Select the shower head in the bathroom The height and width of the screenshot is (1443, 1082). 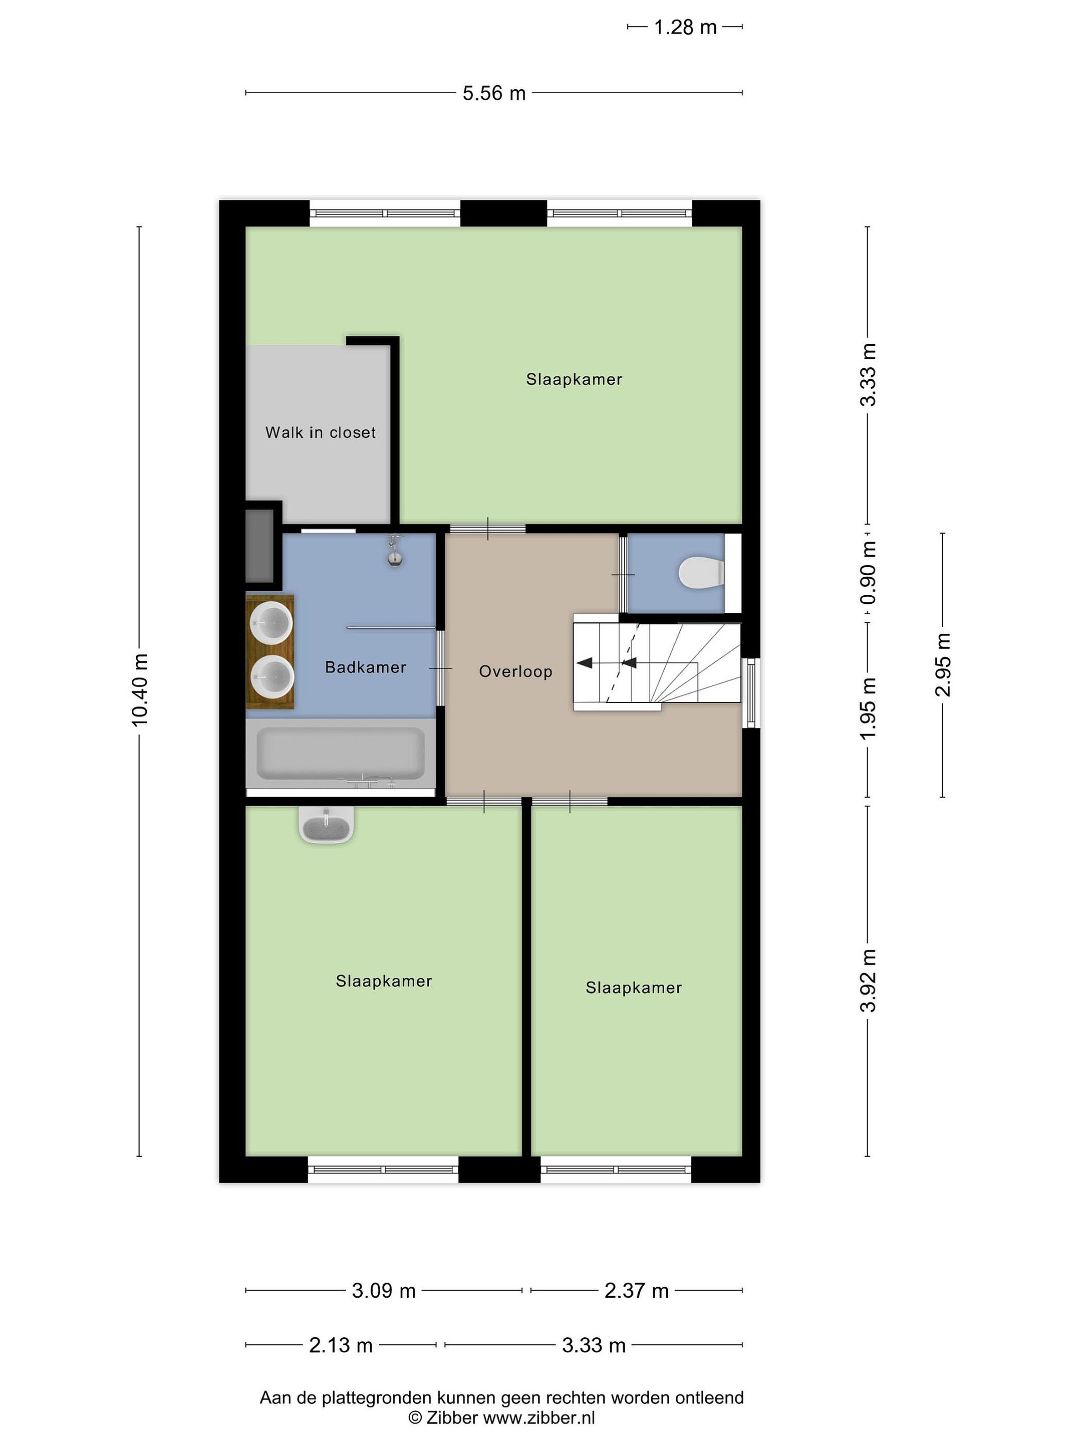pyautogui.click(x=395, y=551)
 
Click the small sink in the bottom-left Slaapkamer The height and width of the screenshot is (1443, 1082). pyautogui.click(x=326, y=825)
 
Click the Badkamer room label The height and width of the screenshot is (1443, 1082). pyautogui.click(x=365, y=667)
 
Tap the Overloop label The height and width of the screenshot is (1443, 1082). pyautogui.click(x=515, y=671)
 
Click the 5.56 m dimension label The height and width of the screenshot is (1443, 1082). pyautogui.click(x=494, y=93)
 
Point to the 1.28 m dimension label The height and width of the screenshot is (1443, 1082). pyautogui.click(x=685, y=28)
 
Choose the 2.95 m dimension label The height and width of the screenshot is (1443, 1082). pyautogui.click(x=943, y=665)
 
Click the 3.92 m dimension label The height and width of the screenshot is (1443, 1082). pyautogui.click(x=868, y=981)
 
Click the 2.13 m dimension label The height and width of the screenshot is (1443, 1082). pyautogui.click(x=341, y=1345)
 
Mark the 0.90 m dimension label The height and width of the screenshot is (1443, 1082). pyautogui.click(x=868, y=573)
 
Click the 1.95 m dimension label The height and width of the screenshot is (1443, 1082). pyautogui.click(x=868, y=709)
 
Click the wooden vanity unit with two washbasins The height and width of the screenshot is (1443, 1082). pyautogui.click(x=270, y=651)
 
